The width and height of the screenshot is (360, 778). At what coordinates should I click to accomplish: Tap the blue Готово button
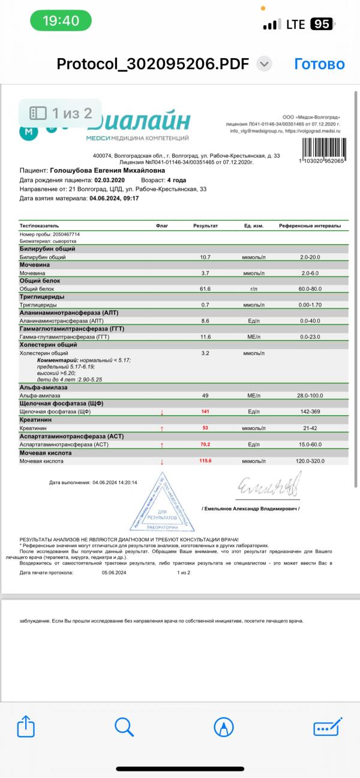click(x=319, y=64)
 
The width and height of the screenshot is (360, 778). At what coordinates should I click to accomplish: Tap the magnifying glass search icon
click(x=124, y=727)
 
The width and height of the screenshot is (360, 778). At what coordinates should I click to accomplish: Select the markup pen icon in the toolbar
click(x=223, y=728)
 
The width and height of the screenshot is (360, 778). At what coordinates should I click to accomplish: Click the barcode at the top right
click(x=321, y=148)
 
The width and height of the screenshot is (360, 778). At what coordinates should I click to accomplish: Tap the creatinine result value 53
click(x=205, y=428)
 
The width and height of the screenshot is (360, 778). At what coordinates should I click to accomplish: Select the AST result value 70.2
click(x=205, y=445)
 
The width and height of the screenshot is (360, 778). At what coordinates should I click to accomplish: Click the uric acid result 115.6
click(x=205, y=461)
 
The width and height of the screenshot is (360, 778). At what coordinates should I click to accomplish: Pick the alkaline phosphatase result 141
click(x=205, y=412)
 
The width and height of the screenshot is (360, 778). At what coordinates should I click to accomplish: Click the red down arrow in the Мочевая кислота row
click(x=161, y=462)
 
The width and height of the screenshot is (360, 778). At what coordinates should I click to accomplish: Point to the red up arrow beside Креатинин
click(x=161, y=429)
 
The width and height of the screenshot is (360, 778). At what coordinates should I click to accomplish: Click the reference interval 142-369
click(x=310, y=412)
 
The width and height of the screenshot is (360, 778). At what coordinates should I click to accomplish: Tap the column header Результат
click(x=205, y=226)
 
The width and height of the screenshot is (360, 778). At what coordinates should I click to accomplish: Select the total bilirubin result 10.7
click(x=205, y=257)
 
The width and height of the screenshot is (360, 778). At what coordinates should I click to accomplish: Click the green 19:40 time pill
click(x=61, y=21)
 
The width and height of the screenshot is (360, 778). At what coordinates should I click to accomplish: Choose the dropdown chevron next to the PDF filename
click(x=265, y=64)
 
